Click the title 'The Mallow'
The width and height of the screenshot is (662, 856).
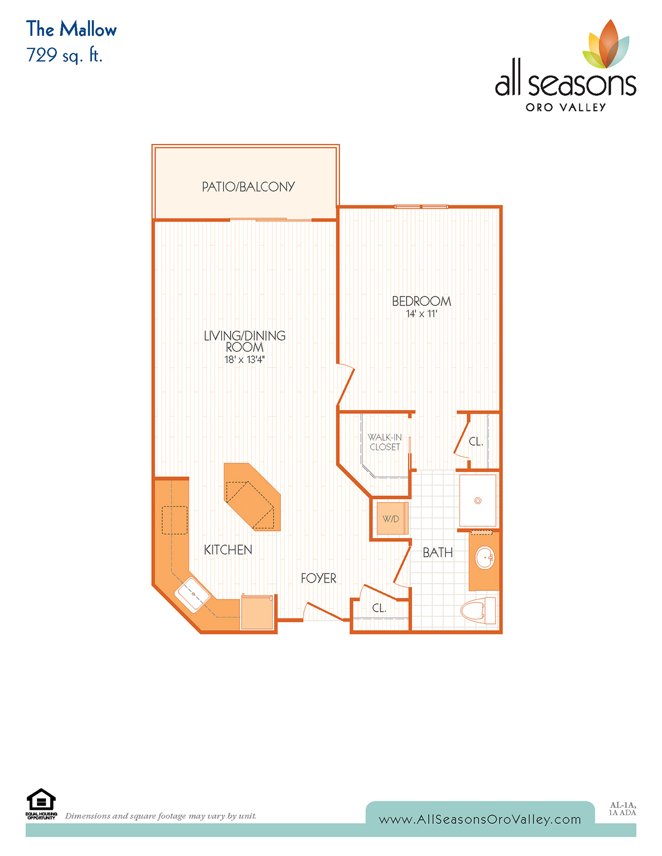pyautogui.click(x=71, y=29)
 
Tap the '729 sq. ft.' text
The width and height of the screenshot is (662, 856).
pyautogui.click(x=64, y=55)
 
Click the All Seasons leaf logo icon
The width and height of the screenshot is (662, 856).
pyautogui.click(x=605, y=44)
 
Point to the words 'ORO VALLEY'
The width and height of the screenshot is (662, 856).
pyautogui.click(x=566, y=107)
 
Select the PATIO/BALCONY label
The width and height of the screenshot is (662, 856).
pyautogui.click(x=248, y=187)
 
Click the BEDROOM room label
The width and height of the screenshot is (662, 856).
pyautogui.click(x=421, y=302)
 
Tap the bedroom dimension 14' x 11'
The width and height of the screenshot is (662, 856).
pyautogui.click(x=421, y=314)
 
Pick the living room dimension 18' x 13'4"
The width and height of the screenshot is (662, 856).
pyautogui.click(x=244, y=359)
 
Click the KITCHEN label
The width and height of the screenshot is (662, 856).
pyautogui.click(x=228, y=550)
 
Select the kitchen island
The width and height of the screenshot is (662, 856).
pyautogui.click(x=252, y=496)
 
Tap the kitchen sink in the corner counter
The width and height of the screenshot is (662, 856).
pyautogui.click(x=193, y=594)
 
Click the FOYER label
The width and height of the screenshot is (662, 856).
pyautogui.click(x=318, y=578)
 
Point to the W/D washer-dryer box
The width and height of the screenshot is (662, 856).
pyautogui.click(x=392, y=519)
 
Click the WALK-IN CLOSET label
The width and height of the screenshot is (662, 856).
pyautogui.click(x=385, y=442)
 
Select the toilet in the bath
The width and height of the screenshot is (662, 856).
pyautogui.click(x=478, y=610)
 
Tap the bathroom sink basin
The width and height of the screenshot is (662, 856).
pyautogui.click(x=485, y=558)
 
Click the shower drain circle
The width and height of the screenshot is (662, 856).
pyautogui.click(x=478, y=500)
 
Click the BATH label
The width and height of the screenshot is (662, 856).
pyautogui.click(x=437, y=553)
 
